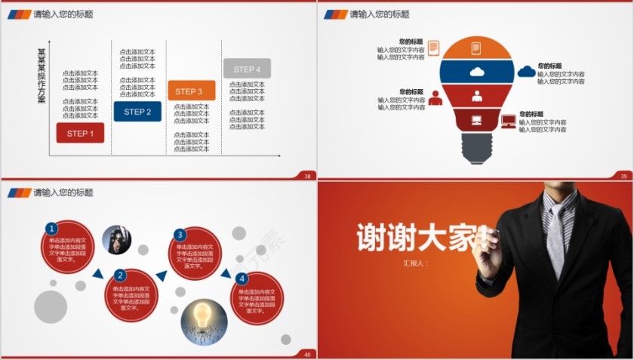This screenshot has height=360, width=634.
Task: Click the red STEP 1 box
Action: pyautogui.click(x=80, y=134)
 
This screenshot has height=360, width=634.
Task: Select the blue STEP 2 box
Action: pyautogui.click(x=137, y=112)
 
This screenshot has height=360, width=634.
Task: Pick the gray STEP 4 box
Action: pyautogui.click(x=246, y=69)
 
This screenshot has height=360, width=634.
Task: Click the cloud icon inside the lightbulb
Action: pyautogui.click(x=476, y=72)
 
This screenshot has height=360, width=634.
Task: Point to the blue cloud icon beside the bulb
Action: pyautogui.click(x=526, y=72)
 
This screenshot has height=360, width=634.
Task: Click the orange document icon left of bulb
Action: pyautogui.click(x=433, y=48)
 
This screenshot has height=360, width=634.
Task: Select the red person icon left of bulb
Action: pyautogui.click(x=435, y=98)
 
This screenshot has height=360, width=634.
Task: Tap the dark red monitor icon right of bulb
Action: pyautogui.click(x=508, y=121)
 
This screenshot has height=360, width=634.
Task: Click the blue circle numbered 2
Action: pyautogui.click(x=119, y=275)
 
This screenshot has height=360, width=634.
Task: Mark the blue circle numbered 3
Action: pyautogui.click(x=180, y=235)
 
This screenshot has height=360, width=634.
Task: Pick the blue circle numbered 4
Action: pyautogui.click(x=242, y=278)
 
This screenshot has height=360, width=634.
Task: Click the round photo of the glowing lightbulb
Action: pyautogui.click(x=204, y=318)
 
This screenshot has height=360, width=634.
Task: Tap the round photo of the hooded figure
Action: pyautogui.click(x=116, y=239)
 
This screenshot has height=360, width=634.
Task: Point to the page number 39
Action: pyautogui.click(x=623, y=176)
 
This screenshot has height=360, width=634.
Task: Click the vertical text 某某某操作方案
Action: pyautogui.click(x=42, y=76)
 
